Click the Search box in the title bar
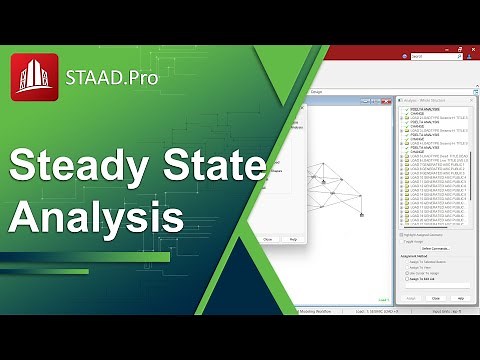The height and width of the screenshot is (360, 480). pyautogui.click(x=436, y=56)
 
